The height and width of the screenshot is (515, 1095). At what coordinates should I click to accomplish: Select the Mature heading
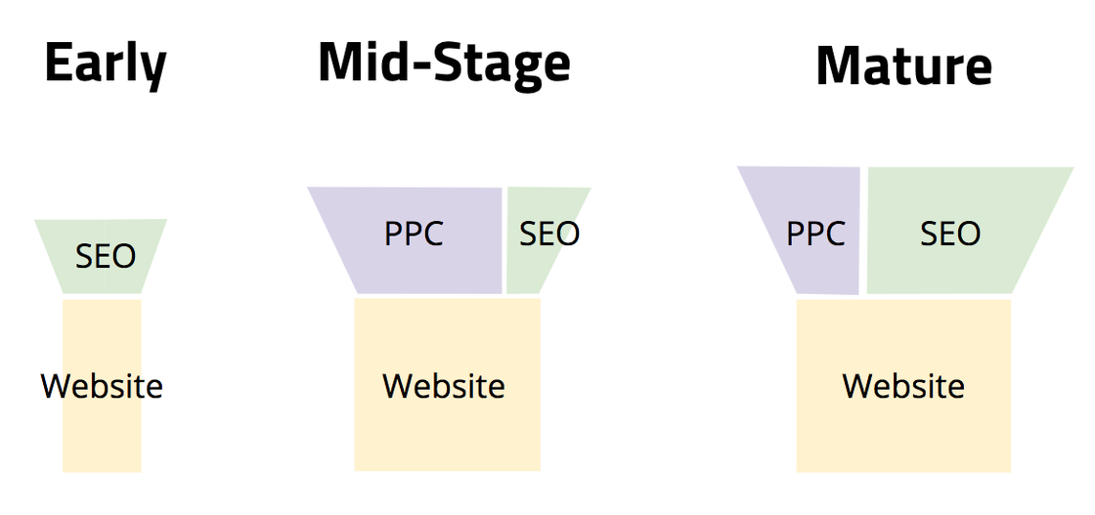coord(903,66)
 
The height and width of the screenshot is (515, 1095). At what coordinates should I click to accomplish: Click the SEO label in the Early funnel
coord(106,257)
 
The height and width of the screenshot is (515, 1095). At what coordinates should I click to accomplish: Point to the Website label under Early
coord(102,386)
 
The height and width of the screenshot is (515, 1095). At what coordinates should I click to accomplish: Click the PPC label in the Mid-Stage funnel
coord(415,234)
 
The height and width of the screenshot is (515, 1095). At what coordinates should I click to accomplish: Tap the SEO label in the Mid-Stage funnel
coord(549,234)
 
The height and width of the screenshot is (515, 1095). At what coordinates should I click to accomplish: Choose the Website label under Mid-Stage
coord(444,386)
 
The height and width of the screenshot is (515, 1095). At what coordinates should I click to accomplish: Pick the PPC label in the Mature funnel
coord(815,234)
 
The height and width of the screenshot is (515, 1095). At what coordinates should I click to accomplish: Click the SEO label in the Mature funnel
coord(950,234)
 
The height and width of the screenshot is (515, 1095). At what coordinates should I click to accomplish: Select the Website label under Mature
coord(903,386)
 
